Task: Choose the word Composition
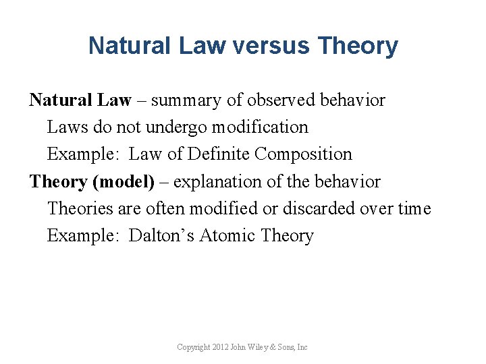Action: [303, 154]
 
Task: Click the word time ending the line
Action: [414, 209]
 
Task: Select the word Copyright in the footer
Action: [192, 347]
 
